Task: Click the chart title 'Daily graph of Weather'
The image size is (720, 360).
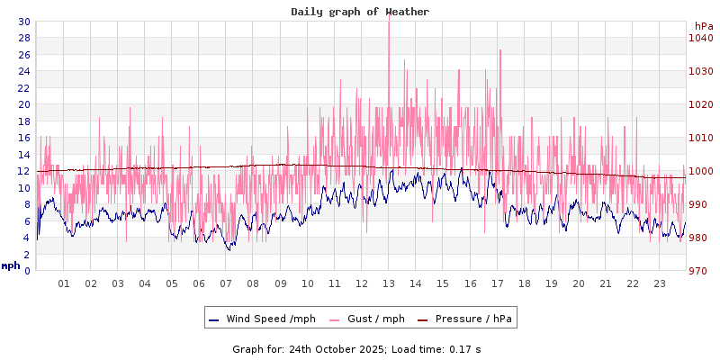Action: coord(360,12)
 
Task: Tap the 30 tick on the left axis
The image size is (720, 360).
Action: coord(23,22)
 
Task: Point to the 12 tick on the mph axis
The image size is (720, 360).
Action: coord(23,171)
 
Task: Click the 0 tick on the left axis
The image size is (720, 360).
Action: coord(26,271)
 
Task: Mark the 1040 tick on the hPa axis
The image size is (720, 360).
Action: coord(700,38)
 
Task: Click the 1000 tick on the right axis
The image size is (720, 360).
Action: coord(700,171)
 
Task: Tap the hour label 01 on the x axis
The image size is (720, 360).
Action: coord(64,283)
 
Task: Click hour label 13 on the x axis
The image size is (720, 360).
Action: coord(389,283)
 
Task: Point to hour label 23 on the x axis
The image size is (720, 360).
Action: coord(660,283)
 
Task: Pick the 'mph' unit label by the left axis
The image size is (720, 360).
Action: coord(11,265)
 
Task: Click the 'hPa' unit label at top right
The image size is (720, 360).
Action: coord(703,26)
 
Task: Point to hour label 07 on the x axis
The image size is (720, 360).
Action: coord(226,283)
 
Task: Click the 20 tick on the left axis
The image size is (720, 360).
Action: coord(23,104)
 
